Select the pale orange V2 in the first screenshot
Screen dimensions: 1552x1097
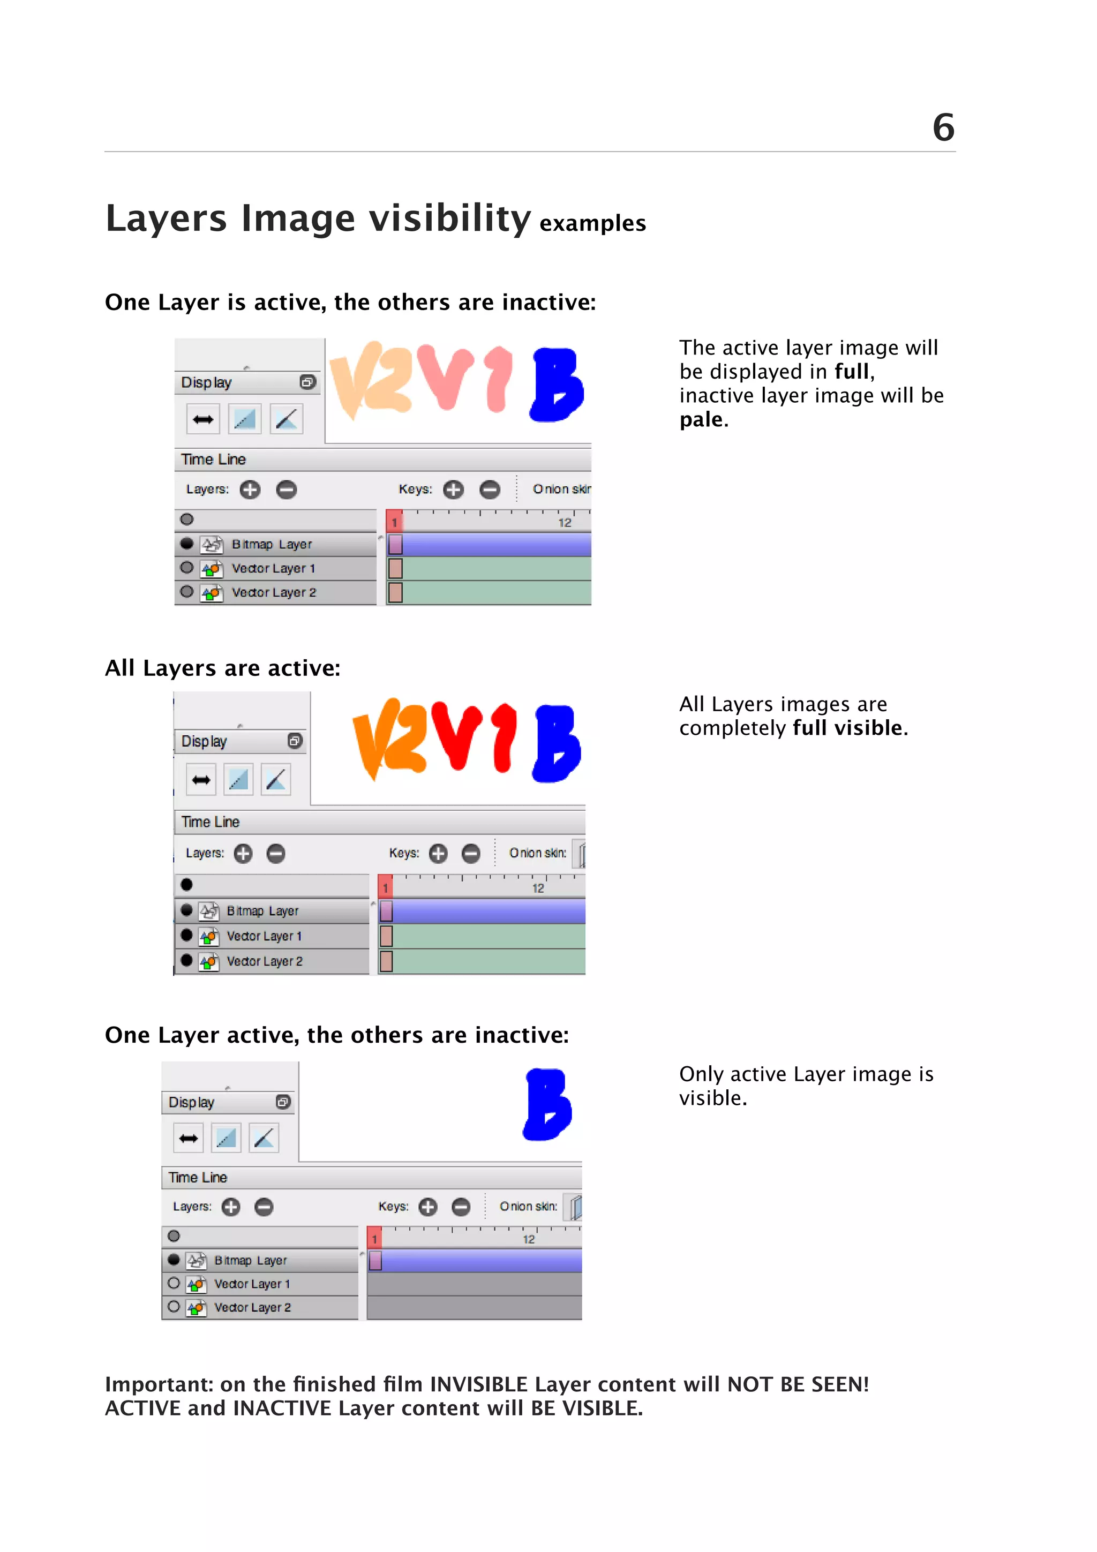pyautogui.click(x=370, y=381)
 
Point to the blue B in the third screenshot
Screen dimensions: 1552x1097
pyautogui.click(x=547, y=1104)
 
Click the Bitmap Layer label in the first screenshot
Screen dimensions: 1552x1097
pyautogui.click(x=272, y=544)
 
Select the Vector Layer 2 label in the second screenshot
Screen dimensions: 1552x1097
pyautogui.click(x=264, y=961)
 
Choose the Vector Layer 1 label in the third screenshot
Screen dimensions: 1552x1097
pyautogui.click(x=251, y=1284)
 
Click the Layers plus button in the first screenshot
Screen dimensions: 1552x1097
pyautogui.click(x=250, y=489)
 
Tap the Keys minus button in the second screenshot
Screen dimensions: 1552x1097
pyautogui.click(x=471, y=854)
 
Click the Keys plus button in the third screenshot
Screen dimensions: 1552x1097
pyautogui.click(x=428, y=1207)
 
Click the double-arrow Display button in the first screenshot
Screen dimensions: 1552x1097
pyautogui.click(x=203, y=420)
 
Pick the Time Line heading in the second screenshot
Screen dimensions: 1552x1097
pyautogui.click(x=210, y=822)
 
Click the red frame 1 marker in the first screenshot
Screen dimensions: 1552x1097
pyautogui.click(x=395, y=521)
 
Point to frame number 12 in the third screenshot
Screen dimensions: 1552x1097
pyautogui.click(x=529, y=1239)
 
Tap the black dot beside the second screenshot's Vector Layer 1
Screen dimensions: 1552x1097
pyautogui.click(x=186, y=936)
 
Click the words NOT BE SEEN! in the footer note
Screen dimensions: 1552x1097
pyautogui.click(x=798, y=1384)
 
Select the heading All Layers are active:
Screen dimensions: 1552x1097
pyautogui.click(x=222, y=668)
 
